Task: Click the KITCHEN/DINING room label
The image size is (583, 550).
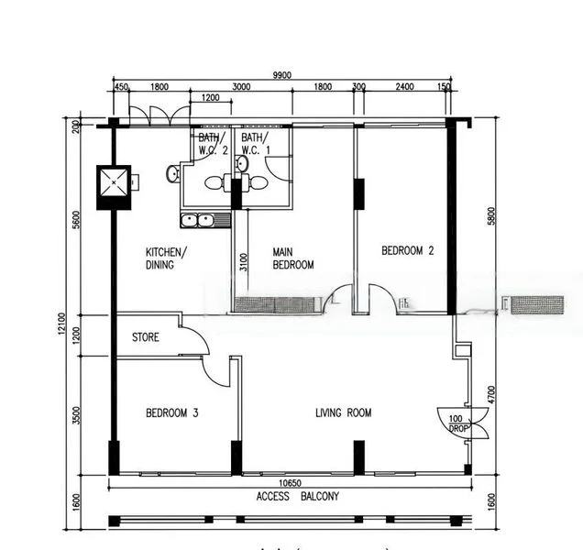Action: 166,258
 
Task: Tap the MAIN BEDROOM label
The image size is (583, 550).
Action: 293,258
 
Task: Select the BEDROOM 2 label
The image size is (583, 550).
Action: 407,250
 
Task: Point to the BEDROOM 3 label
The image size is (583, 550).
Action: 172,413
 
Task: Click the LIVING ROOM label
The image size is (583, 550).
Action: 344,413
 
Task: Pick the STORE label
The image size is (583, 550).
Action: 145,337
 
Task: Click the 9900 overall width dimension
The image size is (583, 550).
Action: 281,76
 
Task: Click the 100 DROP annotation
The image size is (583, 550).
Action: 456,423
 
